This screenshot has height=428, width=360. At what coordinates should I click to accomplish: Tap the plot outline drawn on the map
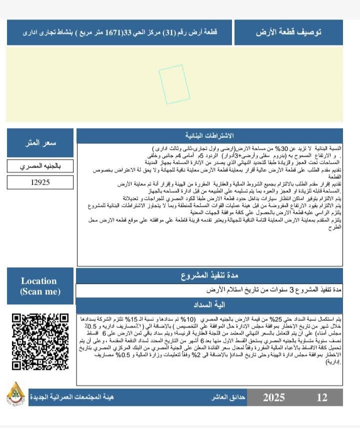point(171,84)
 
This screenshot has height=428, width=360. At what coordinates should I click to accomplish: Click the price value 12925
point(40,182)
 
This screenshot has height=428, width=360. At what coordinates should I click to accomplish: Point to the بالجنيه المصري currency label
point(40,166)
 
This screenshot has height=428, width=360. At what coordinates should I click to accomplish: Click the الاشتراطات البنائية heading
point(209,136)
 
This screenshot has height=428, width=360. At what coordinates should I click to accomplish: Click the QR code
point(40,342)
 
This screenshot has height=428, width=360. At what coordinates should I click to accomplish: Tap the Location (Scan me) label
point(39,286)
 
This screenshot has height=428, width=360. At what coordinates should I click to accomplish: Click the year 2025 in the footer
point(273,397)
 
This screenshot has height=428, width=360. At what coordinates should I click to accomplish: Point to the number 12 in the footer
point(322,397)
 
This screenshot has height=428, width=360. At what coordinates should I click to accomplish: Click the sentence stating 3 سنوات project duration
point(274,290)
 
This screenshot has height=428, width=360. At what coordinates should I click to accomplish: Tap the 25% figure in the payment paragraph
point(277,319)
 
